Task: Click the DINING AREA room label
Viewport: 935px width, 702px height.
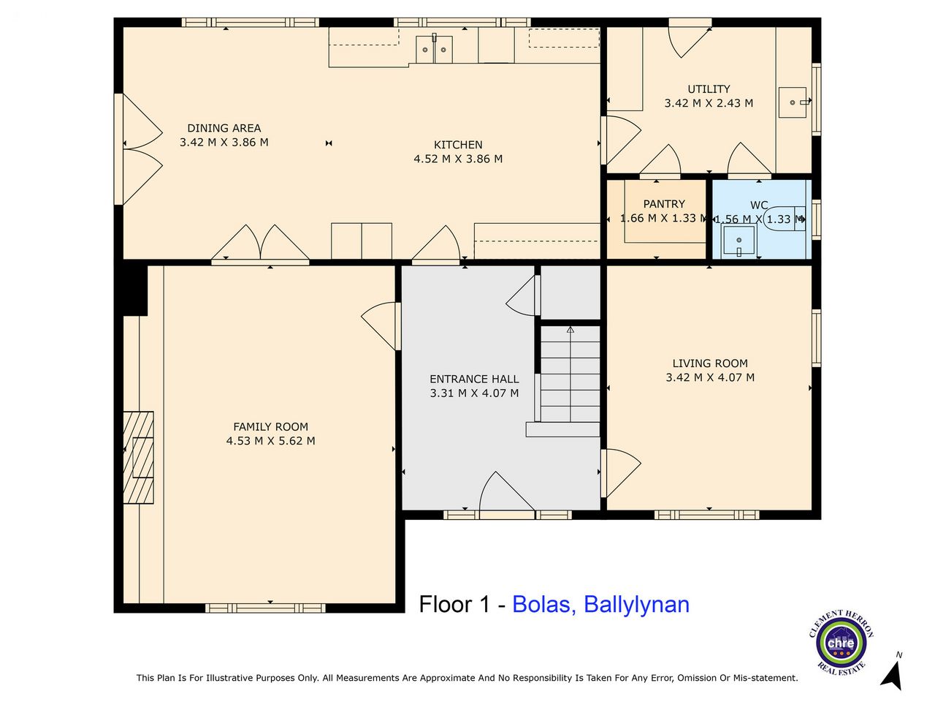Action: click(x=224, y=128)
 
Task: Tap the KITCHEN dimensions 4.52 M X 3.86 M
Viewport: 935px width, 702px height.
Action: click(x=458, y=159)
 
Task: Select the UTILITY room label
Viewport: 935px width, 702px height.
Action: click(x=709, y=89)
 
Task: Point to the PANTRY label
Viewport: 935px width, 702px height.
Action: click(x=664, y=204)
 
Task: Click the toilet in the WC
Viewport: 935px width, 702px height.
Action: click(x=785, y=219)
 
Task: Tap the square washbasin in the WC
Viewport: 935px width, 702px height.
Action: click(x=739, y=241)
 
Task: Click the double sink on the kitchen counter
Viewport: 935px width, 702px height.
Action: click(x=434, y=49)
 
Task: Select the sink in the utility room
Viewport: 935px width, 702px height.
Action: click(x=793, y=102)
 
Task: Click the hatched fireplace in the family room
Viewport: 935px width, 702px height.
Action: click(x=139, y=457)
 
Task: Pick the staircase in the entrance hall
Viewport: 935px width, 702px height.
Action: click(x=570, y=374)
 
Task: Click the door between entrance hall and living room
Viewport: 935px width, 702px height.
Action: click(x=621, y=473)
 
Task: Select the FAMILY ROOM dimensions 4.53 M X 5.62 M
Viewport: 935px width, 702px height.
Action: click(x=270, y=441)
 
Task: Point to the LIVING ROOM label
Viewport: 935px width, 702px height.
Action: click(x=710, y=363)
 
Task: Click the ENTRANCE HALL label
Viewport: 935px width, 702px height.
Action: click(x=474, y=379)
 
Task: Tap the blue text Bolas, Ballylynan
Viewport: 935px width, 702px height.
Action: click(x=600, y=605)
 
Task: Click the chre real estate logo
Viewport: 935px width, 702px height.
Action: click(x=841, y=642)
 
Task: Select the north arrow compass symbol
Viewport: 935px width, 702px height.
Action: click(x=891, y=672)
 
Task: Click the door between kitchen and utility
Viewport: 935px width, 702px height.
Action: click(x=621, y=140)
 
